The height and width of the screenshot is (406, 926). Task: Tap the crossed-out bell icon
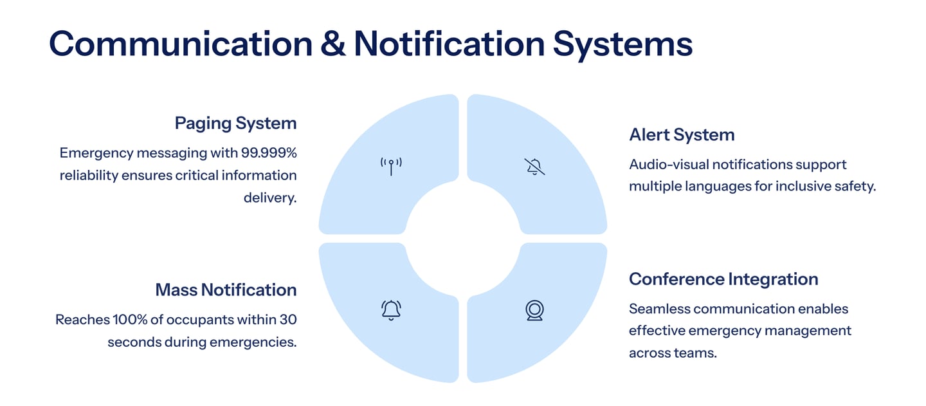point(534,167)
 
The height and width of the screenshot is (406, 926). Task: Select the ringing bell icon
point(390,310)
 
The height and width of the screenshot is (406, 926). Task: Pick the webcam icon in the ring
point(534,310)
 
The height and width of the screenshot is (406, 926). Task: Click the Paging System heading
point(235,123)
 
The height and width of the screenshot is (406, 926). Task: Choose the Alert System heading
point(682,134)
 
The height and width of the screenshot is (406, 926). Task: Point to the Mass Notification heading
point(226,290)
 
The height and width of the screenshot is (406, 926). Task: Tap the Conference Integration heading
point(723,279)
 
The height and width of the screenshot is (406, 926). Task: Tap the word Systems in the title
point(622,44)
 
